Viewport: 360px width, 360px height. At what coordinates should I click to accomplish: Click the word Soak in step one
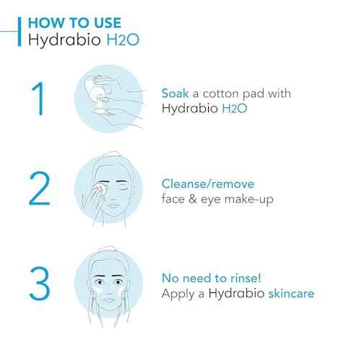coord(176,94)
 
